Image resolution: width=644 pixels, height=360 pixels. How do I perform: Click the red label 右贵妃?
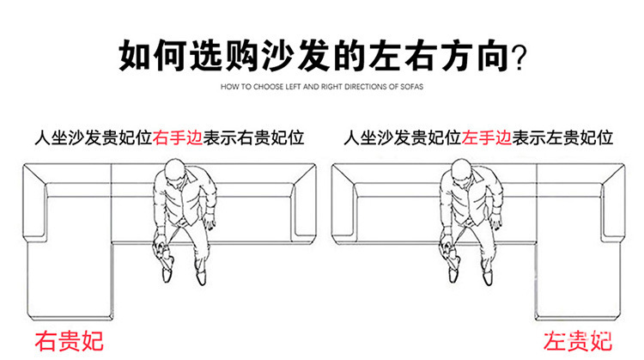pyautogui.click(x=69, y=339)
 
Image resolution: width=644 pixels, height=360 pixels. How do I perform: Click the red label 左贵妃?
pyautogui.click(x=578, y=339)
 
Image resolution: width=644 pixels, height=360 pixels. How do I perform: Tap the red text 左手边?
pyautogui.click(x=487, y=137)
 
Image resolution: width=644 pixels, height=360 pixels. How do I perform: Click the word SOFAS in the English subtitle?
pyautogui.click(x=410, y=88)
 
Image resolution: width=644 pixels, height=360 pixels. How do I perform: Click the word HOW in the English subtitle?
pyautogui.click(x=228, y=88)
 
